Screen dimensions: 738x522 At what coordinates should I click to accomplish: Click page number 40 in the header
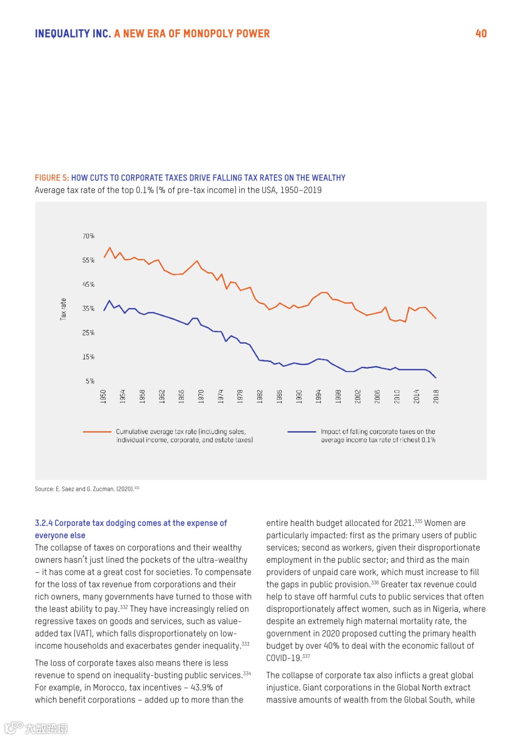coord(481,33)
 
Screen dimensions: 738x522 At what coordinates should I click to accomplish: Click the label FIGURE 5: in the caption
coord(52,177)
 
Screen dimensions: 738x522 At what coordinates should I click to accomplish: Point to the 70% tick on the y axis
coord(88,236)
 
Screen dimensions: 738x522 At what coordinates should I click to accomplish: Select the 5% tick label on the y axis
coord(90,381)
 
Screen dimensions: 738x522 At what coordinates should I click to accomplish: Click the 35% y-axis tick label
coord(88,308)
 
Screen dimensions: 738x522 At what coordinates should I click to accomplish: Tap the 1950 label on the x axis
coord(103,396)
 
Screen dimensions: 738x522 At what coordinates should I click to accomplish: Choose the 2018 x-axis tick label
coord(436,396)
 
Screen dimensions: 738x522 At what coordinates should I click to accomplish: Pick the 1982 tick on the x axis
coord(260,396)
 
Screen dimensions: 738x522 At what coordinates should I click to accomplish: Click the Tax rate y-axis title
coord(63,309)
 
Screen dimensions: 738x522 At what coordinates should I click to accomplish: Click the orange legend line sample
coord(97,432)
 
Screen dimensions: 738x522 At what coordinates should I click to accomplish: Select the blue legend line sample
coord(302,432)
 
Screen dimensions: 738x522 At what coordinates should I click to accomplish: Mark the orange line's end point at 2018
coord(436,318)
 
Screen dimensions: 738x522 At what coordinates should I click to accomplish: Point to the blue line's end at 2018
coord(436,377)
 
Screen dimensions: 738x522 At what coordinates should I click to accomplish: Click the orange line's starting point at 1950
coord(104,258)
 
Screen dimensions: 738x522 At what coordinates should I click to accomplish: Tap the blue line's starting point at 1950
coord(104,310)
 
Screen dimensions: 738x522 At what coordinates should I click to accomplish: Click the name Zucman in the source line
coord(103,489)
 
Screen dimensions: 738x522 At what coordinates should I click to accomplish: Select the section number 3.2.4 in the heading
coord(43,523)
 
